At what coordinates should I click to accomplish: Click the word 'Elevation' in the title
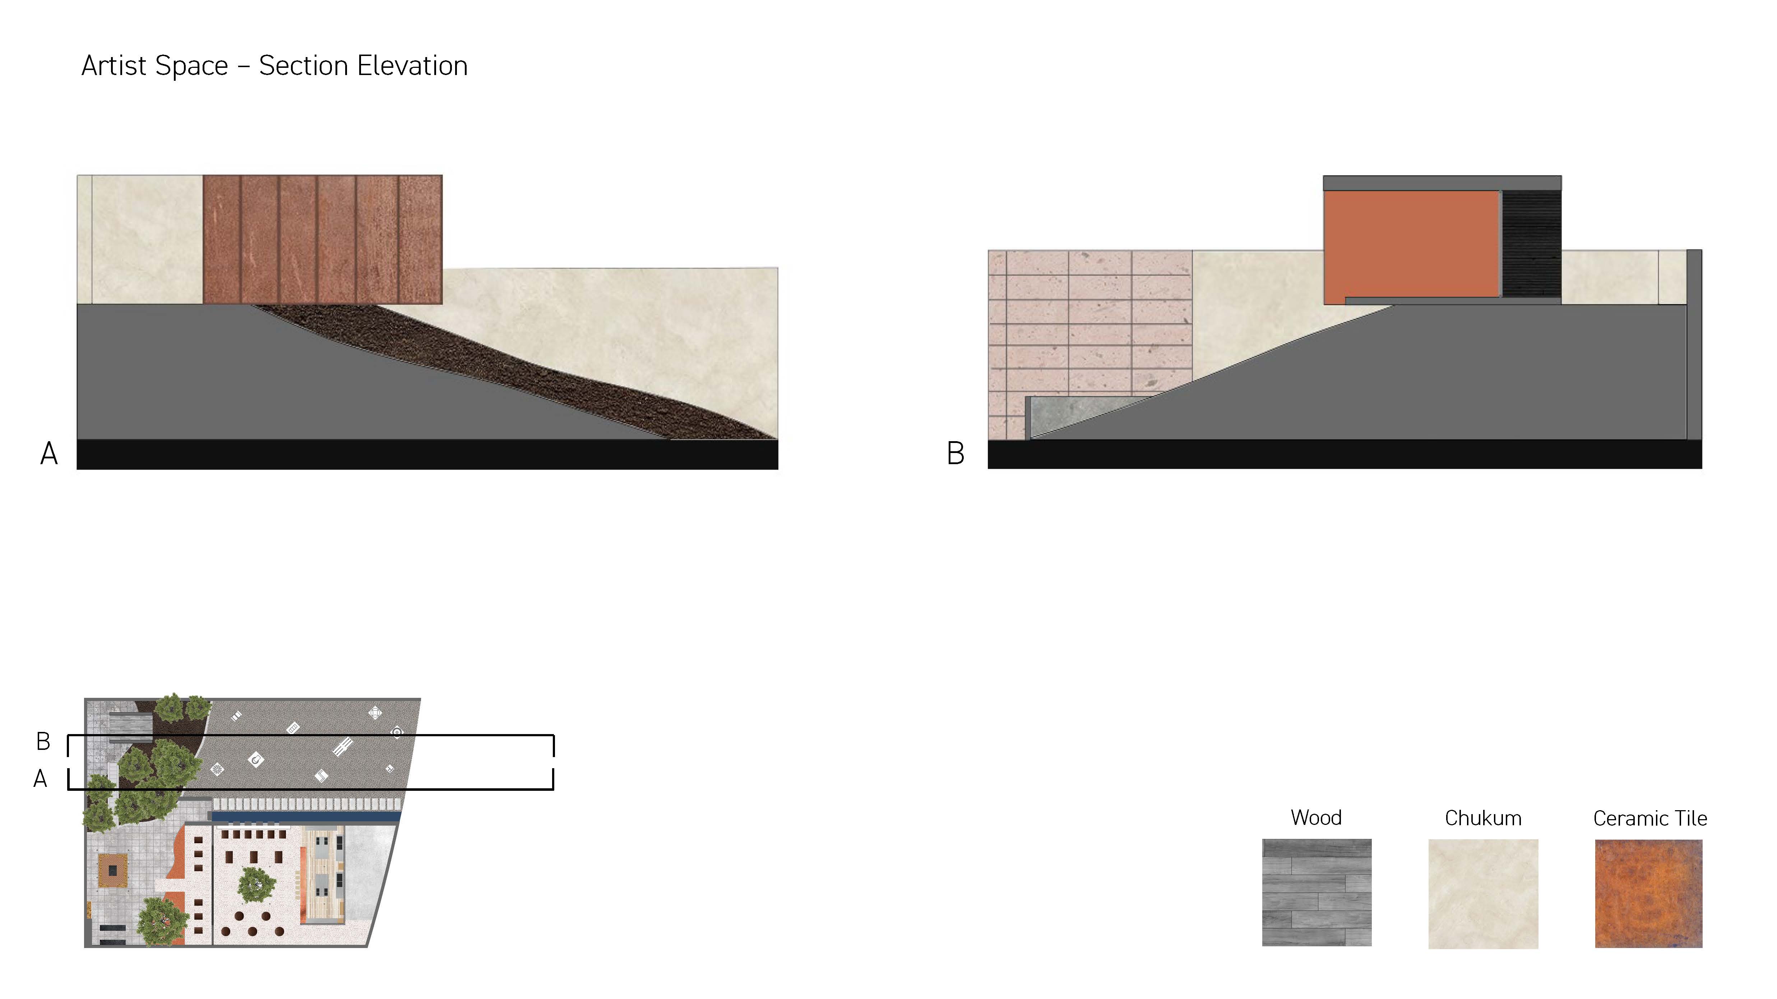pos(412,66)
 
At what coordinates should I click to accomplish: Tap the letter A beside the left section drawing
pos(49,454)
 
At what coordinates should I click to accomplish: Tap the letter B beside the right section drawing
pos(955,454)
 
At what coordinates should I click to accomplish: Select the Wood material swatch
pos(1316,892)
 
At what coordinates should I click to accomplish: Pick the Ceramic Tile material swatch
pos(1649,893)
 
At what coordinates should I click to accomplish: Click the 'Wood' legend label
pos(1316,818)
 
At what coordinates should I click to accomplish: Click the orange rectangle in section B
pos(1411,245)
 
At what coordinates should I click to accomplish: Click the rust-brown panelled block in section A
pos(322,239)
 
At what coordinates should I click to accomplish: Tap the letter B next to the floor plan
pos(43,742)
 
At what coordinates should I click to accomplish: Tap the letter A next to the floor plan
pos(41,779)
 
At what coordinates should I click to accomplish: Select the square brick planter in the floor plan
pos(112,870)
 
